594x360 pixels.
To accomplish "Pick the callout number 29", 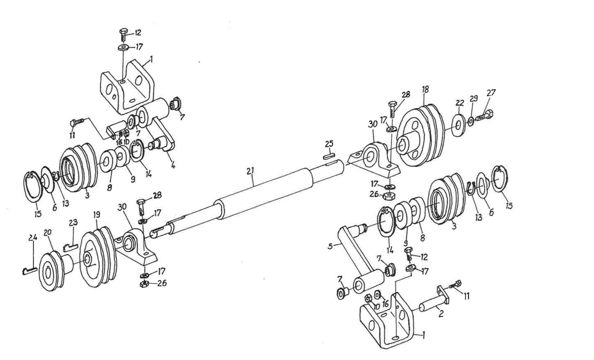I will click(474, 99).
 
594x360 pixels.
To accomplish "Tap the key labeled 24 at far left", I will click(29, 270).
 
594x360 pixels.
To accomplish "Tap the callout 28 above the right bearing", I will click(406, 95).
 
